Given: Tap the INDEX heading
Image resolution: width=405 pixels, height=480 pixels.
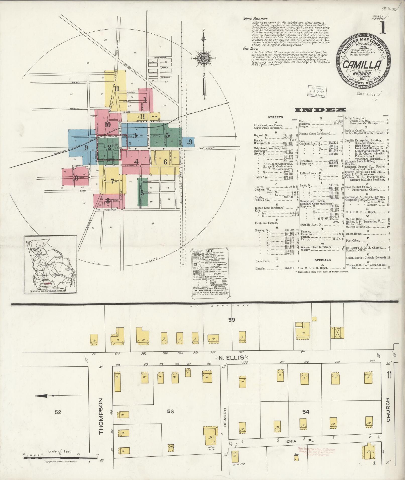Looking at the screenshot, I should tap(320, 110).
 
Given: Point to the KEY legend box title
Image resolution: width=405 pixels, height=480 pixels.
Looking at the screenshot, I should tap(209, 251).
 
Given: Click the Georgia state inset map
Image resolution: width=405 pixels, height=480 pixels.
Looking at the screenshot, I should tap(50, 264).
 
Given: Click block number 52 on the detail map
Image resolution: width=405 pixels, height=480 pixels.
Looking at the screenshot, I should tap(58, 412).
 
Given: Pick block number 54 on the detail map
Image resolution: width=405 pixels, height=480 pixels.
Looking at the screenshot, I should tap(306, 412).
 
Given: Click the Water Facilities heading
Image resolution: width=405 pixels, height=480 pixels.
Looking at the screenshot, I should tap(255, 19).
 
